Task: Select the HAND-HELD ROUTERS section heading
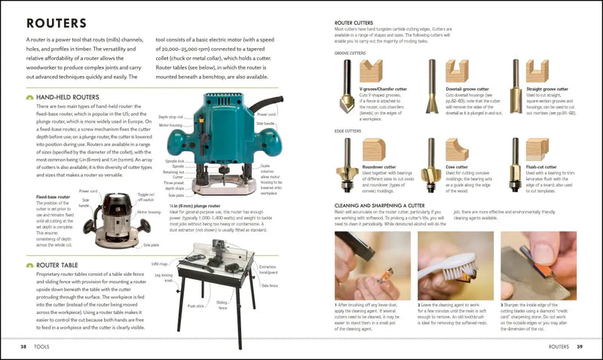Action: point(69,97)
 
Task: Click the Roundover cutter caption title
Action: point(380,166)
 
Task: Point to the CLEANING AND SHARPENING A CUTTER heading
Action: point(385,204)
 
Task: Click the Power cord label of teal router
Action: point(265,114)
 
